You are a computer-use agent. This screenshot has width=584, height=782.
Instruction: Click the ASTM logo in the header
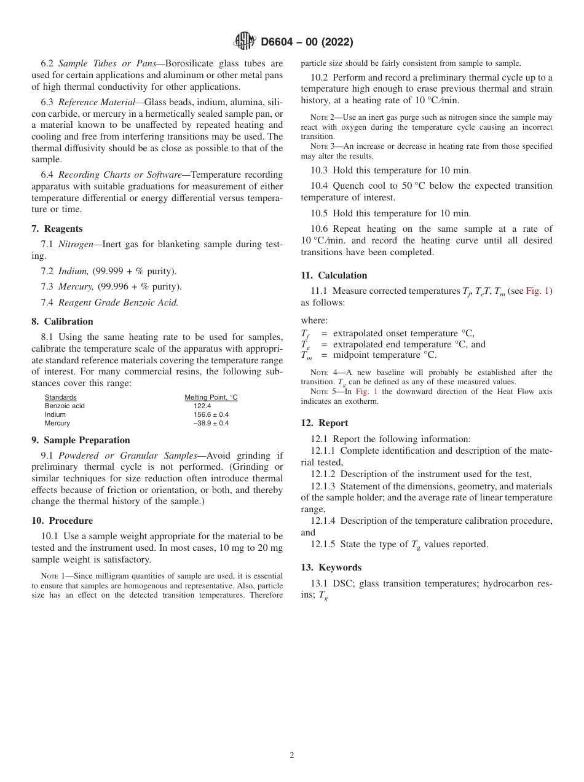(245, 42)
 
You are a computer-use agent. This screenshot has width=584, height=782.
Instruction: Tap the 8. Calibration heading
(62, 322)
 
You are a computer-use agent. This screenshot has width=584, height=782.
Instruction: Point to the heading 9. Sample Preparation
(81, 440)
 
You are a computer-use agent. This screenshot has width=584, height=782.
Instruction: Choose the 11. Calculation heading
(334, 275)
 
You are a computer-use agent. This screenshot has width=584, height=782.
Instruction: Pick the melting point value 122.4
(202, 406)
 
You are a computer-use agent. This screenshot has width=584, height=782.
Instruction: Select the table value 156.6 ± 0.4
(211, 415)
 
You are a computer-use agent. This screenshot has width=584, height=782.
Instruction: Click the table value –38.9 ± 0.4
(211, 424)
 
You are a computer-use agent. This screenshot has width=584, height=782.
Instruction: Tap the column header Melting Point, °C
(211, 398)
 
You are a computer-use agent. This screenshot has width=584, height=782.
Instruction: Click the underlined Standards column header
(60, 398)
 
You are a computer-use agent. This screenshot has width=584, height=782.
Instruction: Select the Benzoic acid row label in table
(65, 406)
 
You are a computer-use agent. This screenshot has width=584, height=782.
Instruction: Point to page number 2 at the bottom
(292, 756)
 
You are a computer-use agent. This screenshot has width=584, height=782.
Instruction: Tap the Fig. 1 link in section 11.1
(538, 291)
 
